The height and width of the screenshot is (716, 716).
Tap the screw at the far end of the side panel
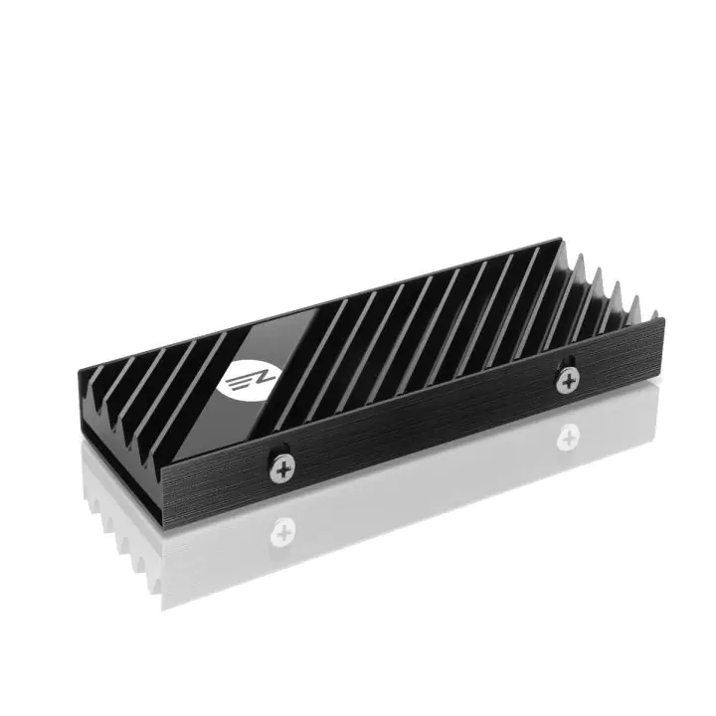click(568, 378)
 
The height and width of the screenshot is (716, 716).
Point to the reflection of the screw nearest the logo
click(283, 529)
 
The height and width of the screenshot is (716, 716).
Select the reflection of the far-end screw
click(569, 434)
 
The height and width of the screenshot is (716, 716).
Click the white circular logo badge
click(242, 375)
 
